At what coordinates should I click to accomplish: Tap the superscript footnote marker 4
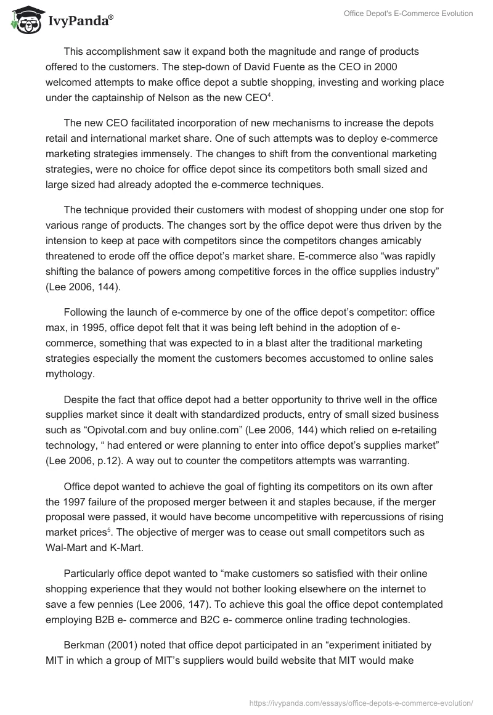(x=269, y=95)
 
